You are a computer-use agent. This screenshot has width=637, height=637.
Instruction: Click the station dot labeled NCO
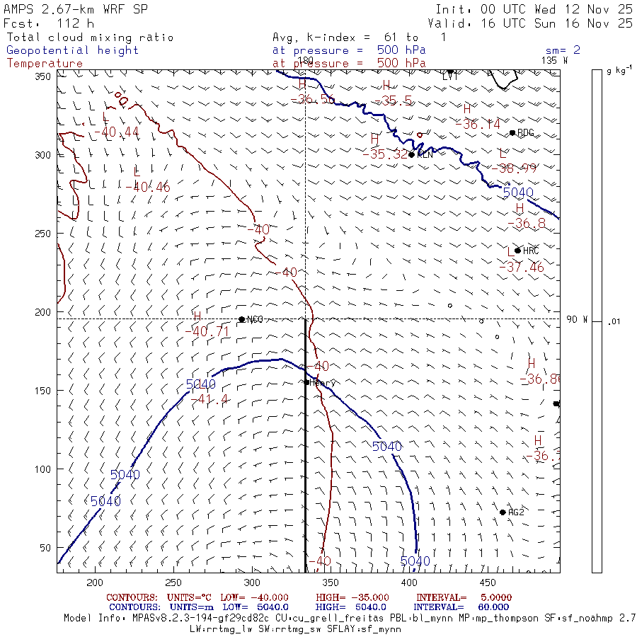click(x=242, y=319)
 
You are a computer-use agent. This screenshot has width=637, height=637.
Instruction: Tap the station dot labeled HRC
click(x=518, y=251)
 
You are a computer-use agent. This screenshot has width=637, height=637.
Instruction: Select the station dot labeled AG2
click(x=503, y=512)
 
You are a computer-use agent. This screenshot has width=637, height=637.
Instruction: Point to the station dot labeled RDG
click(x=512, y=132)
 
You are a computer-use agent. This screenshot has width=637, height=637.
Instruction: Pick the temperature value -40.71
click(x=207, y=331)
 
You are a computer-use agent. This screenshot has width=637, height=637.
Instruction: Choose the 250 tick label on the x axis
click(x=173, y=583)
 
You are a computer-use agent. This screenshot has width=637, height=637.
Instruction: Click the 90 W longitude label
click(x=577, y=319)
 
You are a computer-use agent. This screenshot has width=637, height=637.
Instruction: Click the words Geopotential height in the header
click(x=73, y=50)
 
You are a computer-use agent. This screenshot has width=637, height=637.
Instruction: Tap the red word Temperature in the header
click(x=45, y=63)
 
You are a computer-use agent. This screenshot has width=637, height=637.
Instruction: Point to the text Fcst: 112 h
click(x=49, y=23)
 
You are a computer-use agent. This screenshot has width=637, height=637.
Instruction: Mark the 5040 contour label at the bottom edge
click(x=415, y=561)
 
